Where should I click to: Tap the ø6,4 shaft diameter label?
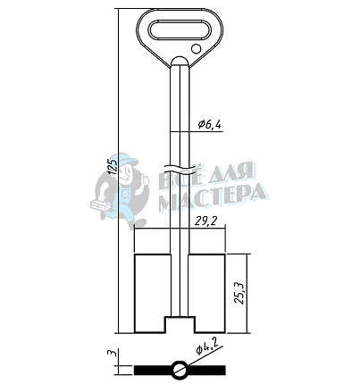pos(210,124)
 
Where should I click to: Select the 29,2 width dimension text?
pos(205,221)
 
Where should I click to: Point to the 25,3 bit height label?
pos(239,293)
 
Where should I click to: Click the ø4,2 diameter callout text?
pos(206,346)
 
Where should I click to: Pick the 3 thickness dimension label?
pos(112,354)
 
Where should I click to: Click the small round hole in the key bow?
pos(196,48)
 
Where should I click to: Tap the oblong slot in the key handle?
pos(180,29)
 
